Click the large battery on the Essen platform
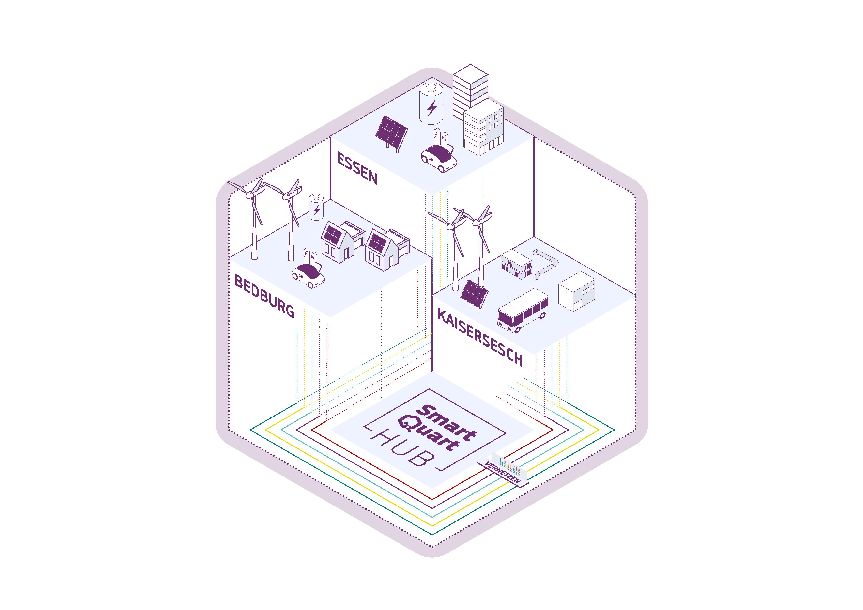pyautogui.click(x=431, y=104)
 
